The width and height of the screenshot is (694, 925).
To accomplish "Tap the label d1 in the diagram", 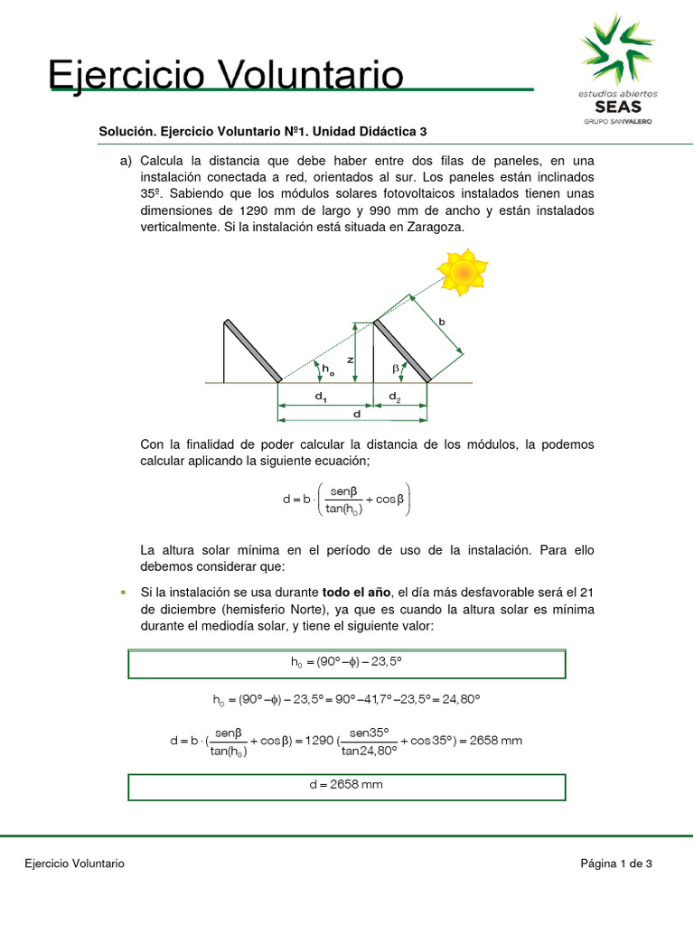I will point(321,397).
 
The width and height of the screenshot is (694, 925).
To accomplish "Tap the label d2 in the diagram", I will point(395,397).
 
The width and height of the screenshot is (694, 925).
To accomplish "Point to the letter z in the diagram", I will point(350,359).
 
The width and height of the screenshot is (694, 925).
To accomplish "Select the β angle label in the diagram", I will point(396,369).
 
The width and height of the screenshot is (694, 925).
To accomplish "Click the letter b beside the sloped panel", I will point(442,322).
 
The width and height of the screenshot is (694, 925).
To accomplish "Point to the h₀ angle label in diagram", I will point(328,369).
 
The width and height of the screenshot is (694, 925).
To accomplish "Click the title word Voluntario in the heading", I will point(302,75).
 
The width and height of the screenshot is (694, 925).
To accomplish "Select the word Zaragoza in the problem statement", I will point(429,228).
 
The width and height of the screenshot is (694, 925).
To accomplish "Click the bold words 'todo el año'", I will point(357,592).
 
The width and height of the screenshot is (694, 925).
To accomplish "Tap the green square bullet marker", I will point(122,592).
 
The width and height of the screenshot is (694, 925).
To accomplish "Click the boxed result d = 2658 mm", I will point(347,785).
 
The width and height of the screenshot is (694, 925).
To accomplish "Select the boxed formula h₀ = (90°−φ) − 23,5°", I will point(347,662).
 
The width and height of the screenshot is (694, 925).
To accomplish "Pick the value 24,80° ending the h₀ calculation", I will point(459,699).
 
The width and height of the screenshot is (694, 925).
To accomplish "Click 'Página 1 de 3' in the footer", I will point(616,864).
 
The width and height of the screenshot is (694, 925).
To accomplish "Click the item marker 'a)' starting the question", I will point(126,159).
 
